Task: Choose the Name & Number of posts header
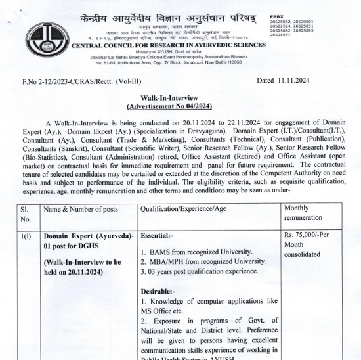click(x=81, y=208)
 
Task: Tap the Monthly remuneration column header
click(x=303, y=213)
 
